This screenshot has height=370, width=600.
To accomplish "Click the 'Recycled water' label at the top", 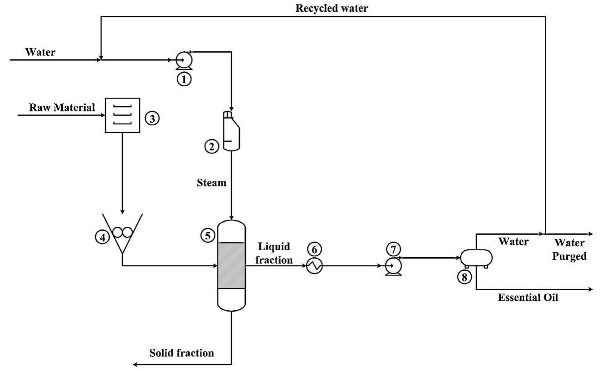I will tap(331, 9).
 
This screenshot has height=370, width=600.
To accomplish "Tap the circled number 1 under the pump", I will tap(184, 79).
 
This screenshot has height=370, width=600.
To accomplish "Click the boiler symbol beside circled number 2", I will tap(231, 131).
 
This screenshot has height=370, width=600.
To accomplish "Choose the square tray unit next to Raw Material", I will tap(122, 115).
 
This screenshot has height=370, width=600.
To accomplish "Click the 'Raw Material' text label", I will tap(62, 107).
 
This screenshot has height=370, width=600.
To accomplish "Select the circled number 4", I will tap(102, 238).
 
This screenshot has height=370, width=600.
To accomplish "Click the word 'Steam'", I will tap(212, 183).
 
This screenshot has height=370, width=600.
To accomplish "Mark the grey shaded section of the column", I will tap(231, 265).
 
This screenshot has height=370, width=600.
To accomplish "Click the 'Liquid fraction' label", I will tap(275, 253).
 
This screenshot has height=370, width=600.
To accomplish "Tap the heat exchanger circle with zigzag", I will tap(314, 266).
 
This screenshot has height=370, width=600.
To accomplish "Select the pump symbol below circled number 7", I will tap(393, 266).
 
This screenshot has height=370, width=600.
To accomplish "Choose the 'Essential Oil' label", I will tap(528, 297).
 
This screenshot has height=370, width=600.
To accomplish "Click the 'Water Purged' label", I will tap(570, 250).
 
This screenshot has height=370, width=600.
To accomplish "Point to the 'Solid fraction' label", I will tap(182, 352).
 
